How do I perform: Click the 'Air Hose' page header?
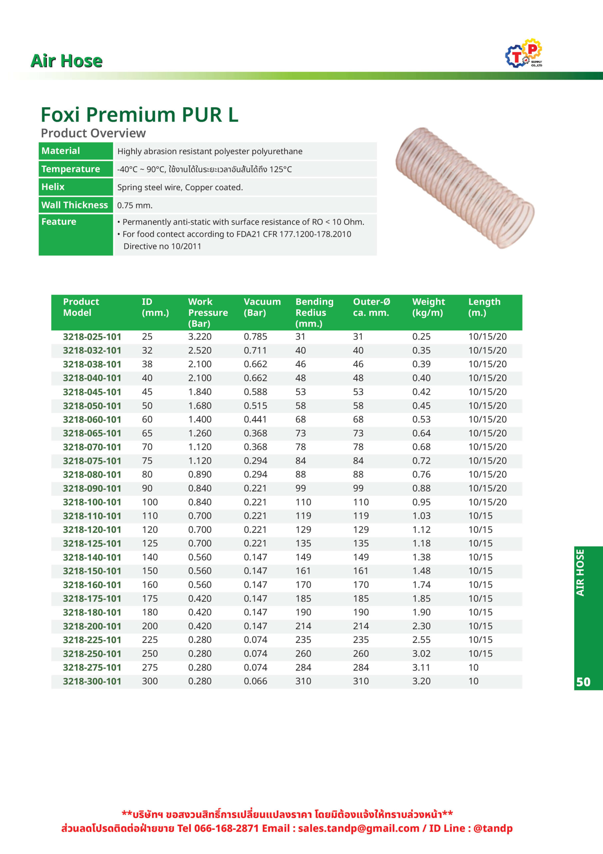point(67,61)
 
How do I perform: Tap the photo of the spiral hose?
point(465,187)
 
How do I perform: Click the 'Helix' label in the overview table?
point(53,187)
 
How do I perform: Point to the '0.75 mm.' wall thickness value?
point(135,205)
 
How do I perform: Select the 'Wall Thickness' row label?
point(75,205)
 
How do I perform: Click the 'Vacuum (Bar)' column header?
point(262,307)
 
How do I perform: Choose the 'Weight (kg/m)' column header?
point(428,307)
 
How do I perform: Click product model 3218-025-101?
point(92,337)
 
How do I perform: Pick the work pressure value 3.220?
point(200,337)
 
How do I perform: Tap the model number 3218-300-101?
point(92,681)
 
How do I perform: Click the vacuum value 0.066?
point(255,681)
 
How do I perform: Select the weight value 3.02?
point(421,654)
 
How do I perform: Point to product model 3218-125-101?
point(92,543)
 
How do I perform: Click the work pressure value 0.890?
point(200,475)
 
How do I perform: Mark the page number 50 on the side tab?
point(583,682)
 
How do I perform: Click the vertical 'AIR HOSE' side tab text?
point(580,573)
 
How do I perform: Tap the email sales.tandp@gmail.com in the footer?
point(358,828)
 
